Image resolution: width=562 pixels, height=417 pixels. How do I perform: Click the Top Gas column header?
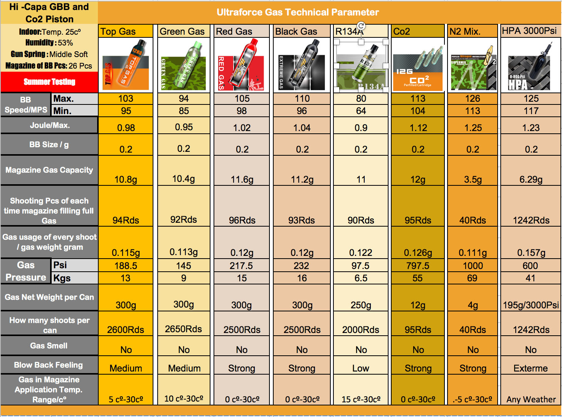118,32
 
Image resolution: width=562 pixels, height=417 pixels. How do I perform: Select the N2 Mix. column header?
465,32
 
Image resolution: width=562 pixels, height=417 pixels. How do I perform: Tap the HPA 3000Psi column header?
529,31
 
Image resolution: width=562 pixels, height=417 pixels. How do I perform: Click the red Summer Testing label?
49,82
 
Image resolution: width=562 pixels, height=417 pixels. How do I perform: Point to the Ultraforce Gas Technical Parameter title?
298,12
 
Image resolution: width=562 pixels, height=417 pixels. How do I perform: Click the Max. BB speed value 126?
473,99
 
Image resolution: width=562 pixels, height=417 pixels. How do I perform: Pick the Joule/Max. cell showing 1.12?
418,128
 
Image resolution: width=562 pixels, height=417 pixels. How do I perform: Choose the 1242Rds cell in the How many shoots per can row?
531,330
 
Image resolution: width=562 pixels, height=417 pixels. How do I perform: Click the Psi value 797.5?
418,266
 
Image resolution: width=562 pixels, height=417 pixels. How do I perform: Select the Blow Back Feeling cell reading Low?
361,368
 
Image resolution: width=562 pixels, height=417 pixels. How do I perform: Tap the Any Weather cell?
531,399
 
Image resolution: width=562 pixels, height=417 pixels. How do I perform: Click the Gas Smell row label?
49,346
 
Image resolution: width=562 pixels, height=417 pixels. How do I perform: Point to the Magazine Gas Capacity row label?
49,170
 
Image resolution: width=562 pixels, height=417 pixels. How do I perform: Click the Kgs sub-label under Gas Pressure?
62,278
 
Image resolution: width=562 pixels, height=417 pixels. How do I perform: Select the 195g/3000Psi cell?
531,305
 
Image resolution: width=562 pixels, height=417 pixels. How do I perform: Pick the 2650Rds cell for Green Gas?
183,329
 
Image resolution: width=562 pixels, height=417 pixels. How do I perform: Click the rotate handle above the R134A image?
361,25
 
